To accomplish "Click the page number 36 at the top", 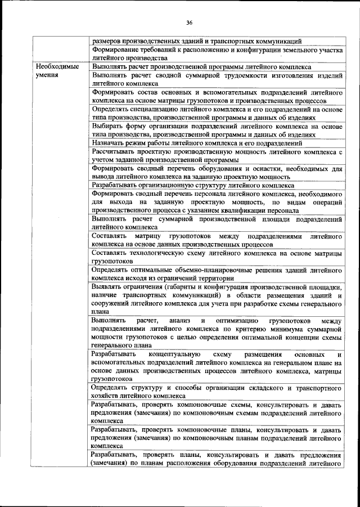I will click(x=190, y=23).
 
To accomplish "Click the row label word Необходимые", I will click(x=55, y=66).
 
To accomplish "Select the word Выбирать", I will click(x=107, y=127).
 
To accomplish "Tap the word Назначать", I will click(x=109, y=143).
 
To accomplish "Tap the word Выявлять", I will click(x=107, y=286).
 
